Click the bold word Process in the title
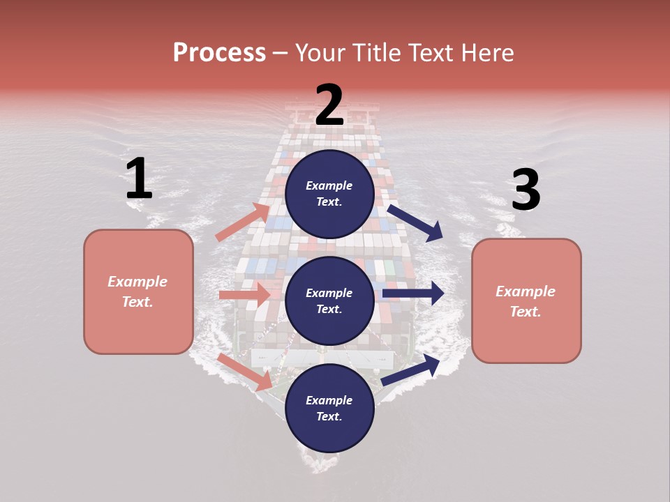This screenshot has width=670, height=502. (219, 52)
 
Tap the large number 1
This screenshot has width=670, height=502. (139, 179)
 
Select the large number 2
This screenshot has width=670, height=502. (329, 105)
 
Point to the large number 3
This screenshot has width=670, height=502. (526, 190)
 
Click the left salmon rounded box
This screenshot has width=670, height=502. (138, 291)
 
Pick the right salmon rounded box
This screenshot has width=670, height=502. (526, 301)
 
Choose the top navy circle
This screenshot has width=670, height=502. (329, 194)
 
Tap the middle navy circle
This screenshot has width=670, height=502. (329, 301)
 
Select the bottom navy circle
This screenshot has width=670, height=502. (329, 408)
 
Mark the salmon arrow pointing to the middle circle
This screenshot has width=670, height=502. (245, 295)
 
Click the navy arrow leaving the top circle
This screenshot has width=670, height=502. (415, 222)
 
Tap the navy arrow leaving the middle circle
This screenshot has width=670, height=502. (413, 294)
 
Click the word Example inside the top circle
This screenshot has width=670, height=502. (329, 185)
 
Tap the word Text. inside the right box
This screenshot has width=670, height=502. (526, 312)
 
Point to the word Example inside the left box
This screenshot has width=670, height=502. (137, 282)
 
